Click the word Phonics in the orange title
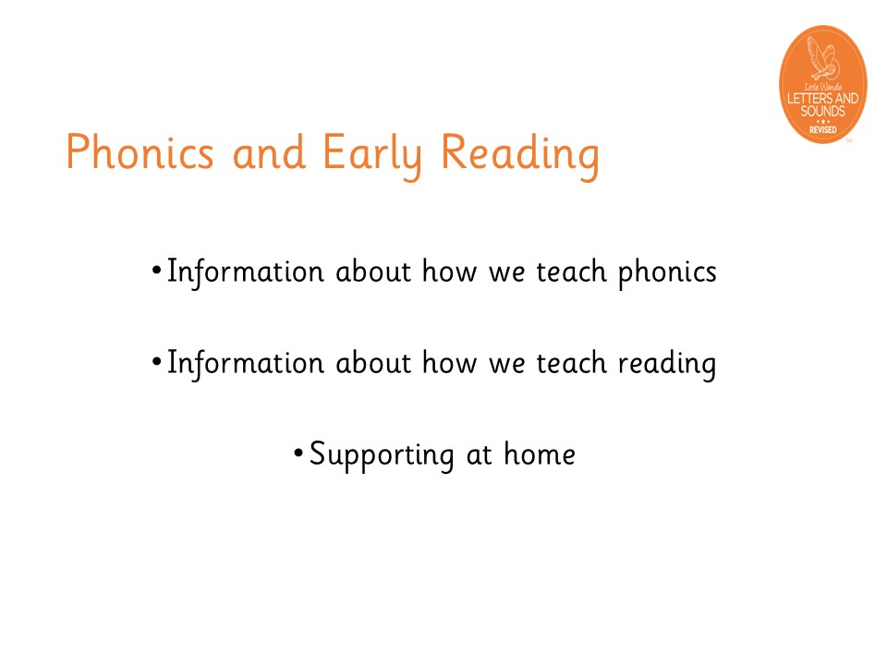(140, 151)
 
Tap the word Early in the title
(372, 155)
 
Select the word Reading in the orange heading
(520, 155)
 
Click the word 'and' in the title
(269, 152)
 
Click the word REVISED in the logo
(822, 129)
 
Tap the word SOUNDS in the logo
(822, 111)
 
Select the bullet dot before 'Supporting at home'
(298, 453)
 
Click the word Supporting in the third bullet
(382, 455)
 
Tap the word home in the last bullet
(540, 453)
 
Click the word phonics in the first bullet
(667, 273)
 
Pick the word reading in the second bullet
(667, 365)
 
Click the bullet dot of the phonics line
(157, 270)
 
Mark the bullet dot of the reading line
(157, 361)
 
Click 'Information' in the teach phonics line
(246, 272)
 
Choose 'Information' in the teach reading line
(246, 364)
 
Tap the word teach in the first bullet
(571, 271)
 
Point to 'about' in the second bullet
(373, 362)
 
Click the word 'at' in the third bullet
(479, 455)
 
